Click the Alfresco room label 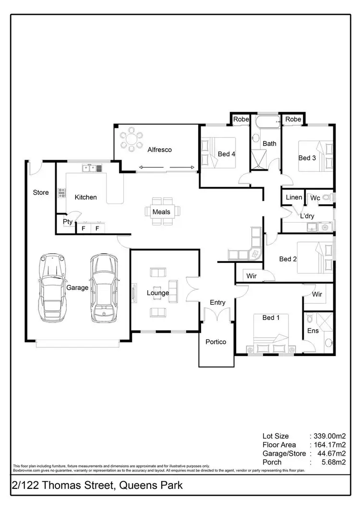point(160,150)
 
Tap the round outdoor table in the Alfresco point(130,140)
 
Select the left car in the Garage point(52,288)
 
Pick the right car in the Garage point(104,288)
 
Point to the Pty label point(67,222)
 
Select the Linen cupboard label point(294,197)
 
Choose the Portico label point(216,342)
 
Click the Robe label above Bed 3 point(293,119)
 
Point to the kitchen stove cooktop point(61,192)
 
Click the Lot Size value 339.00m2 point(330,436)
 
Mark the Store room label point(41,192)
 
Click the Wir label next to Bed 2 point(251,276)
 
